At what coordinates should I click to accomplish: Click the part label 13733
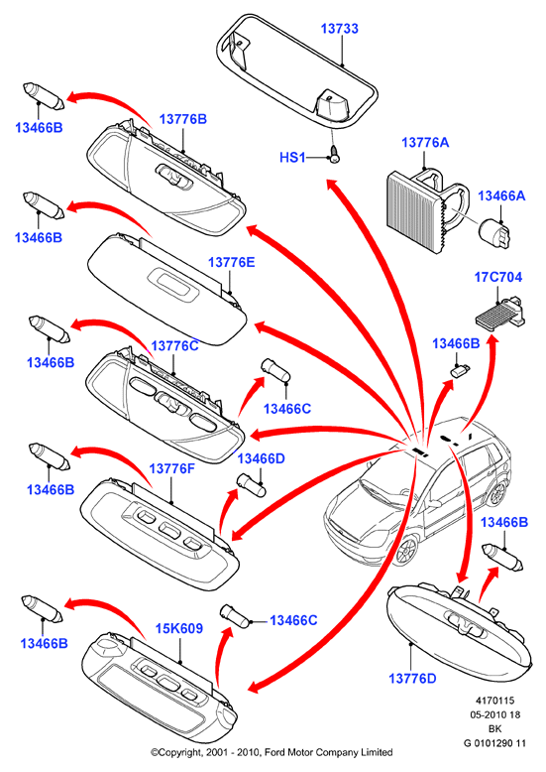340,29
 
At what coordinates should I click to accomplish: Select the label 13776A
425,142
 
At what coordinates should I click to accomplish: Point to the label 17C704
497,277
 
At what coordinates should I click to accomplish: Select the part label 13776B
183,119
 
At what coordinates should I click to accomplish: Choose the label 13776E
231,262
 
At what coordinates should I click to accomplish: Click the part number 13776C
174,345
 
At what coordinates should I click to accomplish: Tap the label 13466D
262,458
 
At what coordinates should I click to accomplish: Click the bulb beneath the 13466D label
252,485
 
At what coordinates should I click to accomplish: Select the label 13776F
171,468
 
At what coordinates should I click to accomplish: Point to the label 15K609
179,628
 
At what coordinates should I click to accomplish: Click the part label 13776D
412,678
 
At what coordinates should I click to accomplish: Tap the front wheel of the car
407,551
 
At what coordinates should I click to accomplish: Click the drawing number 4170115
494,701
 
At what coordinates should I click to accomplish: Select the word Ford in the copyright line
276,752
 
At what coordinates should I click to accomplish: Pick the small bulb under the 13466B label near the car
461,370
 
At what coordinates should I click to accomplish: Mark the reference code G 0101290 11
494,743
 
